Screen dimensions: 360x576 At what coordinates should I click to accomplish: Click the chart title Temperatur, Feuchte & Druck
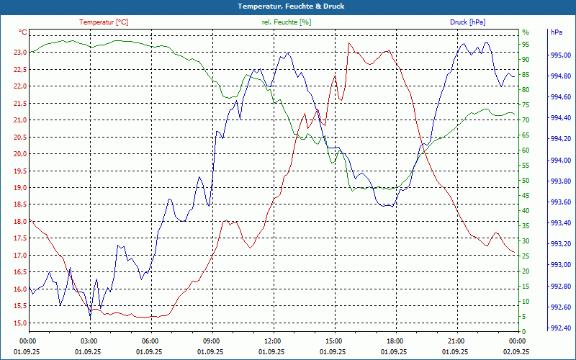[287, 6]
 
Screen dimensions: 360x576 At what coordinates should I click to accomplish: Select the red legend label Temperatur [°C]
[104, 22]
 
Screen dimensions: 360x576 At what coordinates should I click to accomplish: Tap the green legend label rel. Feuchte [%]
[287, 22]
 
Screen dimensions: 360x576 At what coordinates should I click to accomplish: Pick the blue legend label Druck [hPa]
[468, 22]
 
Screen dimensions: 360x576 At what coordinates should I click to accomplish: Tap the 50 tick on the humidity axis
[526, 180]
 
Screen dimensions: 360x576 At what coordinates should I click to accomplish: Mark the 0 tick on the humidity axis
[523, 332]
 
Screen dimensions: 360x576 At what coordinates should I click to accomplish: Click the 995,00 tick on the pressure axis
[560, 55]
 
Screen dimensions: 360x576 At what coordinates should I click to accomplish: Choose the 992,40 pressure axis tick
[560, 328]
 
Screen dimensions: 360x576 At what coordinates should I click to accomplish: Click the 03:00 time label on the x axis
[89, 341]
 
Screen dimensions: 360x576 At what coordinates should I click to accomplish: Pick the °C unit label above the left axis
[23, 32]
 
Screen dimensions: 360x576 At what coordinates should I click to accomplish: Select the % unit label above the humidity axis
[526, 32]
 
